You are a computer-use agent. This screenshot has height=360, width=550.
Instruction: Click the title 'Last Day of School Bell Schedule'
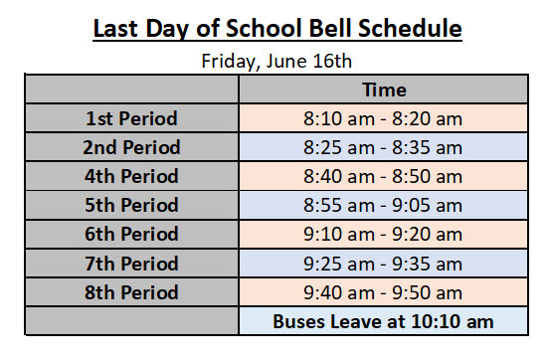pos(276,28)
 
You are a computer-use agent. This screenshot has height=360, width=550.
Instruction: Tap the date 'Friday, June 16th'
pos(276,60)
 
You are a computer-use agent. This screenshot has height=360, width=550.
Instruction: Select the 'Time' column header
pos(383,90)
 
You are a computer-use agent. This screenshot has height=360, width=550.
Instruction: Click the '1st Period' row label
pos(131,118)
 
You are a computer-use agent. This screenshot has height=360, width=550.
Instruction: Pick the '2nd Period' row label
pos(131,147)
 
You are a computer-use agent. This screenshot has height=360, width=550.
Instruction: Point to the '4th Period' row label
pos(131,176)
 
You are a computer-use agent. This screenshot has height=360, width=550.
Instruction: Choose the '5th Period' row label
pos(131,206)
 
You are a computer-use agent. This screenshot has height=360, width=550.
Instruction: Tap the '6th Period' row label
pos(131,235)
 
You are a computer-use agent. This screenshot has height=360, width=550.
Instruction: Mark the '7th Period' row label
pos(131,264)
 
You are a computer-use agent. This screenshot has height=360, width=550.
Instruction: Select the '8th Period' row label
pos(131,292)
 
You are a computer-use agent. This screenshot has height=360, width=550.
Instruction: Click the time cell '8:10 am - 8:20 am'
pos(383,118)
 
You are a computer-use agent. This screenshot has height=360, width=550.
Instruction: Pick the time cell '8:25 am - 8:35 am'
pos(383,147)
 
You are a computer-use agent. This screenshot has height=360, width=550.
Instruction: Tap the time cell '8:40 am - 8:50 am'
pos(383,176)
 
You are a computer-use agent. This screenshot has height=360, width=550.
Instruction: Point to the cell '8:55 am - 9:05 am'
pos(383,206)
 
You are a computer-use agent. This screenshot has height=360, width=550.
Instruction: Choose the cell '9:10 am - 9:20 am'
pos(383,235)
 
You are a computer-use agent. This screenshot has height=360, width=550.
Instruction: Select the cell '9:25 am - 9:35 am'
pos(383,264)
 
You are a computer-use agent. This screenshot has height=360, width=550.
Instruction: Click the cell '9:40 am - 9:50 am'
pos(383,292)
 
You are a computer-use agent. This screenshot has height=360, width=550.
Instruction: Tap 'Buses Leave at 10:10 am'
pos(383,322)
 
